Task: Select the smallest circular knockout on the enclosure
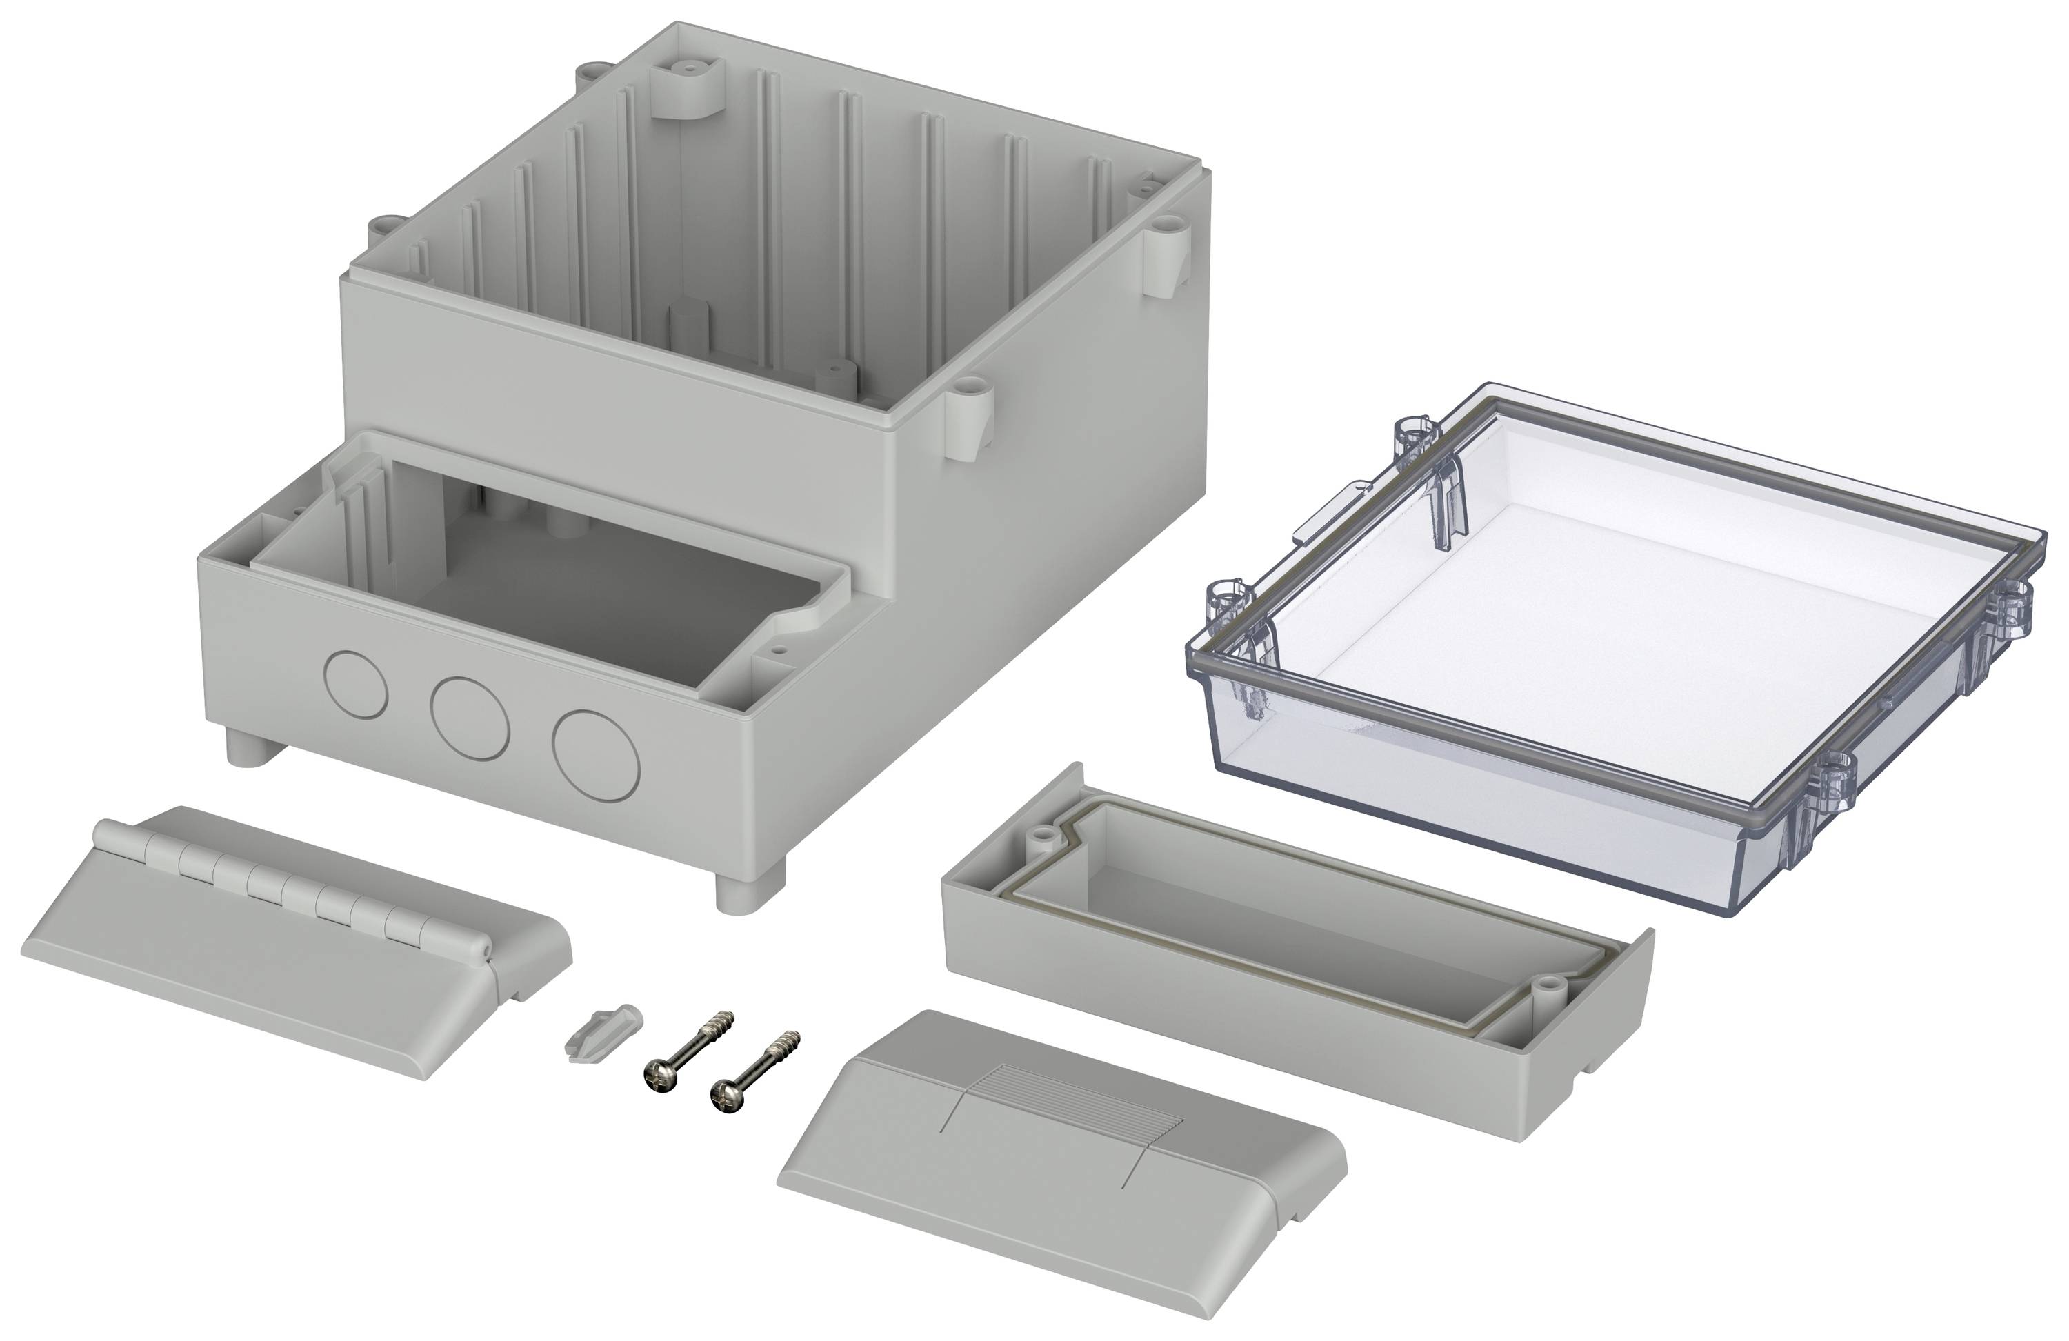click(x=356, y=683)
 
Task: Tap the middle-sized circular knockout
click(x=470, y=715)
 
